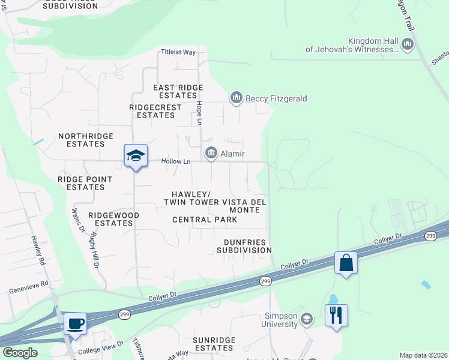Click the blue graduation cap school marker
136,156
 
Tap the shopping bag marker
346,263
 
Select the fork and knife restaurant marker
336,315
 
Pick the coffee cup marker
75,324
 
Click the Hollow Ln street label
175,161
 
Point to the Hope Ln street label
199,112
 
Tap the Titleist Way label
178,52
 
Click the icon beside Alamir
211,154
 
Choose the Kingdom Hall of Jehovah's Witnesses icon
408,44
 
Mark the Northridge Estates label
86,140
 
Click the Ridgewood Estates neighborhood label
113,219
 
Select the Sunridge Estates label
217,344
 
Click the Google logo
20,353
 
